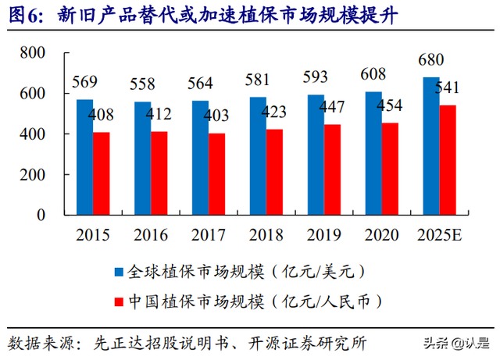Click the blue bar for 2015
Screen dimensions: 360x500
(84, 157)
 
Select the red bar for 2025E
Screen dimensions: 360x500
(447, 160)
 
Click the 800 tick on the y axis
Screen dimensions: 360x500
(34, 52)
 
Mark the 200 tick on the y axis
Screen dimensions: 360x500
(34, 175)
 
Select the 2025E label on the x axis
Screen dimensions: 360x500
(439, 234)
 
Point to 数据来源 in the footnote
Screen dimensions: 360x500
(37, 343)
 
